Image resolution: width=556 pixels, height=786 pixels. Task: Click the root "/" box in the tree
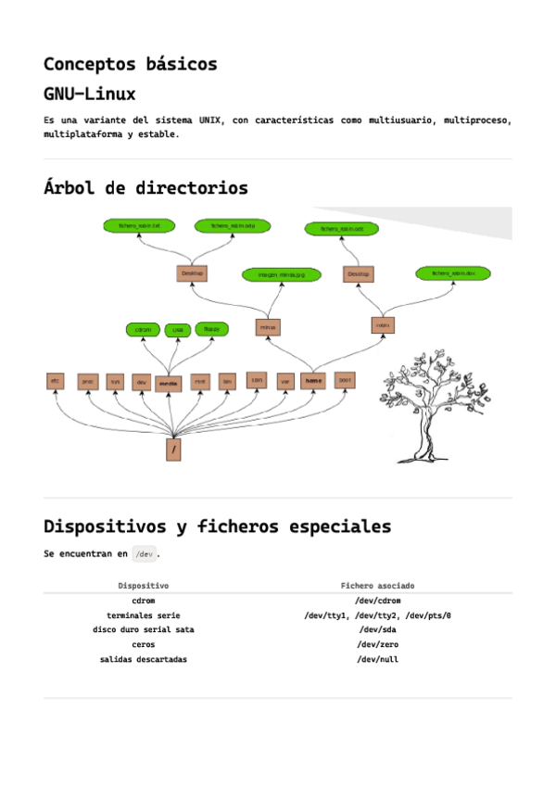[x=173, y=450]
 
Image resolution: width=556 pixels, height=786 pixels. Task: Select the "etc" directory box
[x=56, y=381]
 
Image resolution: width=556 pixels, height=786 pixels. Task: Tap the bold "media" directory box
[x=169, y=381]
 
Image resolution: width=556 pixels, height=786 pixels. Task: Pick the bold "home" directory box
[x=314, y=380]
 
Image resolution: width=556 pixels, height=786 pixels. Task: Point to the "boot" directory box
[x=344, y=380]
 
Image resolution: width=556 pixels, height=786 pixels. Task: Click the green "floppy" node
[x=211, y=329]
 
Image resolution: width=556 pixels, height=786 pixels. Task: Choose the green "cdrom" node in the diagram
[x=143, y=329]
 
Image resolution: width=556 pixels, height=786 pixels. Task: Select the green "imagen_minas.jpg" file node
[x=281, y=274]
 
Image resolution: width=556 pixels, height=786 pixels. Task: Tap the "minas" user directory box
[x=268, y=327]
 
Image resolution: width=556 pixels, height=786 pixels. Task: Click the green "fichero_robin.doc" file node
[x=452, y=273]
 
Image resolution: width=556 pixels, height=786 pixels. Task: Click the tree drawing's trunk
[x=425, y=436]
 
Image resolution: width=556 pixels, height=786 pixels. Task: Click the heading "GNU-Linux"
[x=89, y=95]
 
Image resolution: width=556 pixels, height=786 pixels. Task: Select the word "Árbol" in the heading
[x=69, y=188]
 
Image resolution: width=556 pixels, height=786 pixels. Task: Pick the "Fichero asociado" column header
[x=377, y=586]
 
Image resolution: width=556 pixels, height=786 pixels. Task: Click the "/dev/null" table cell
[x=377, y=659]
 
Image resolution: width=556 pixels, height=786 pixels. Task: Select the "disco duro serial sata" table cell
[x=143, y=629]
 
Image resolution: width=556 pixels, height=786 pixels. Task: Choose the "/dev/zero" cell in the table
[x=377, y=644]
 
